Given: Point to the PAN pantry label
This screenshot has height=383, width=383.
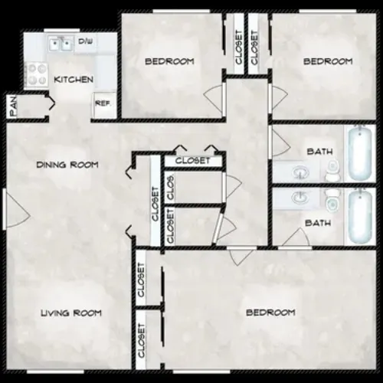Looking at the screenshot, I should click(x=13, y=105).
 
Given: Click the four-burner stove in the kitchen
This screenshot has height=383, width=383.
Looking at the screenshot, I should click(x=36, y=74).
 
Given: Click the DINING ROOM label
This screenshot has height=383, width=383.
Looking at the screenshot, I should click(x=67, y=165).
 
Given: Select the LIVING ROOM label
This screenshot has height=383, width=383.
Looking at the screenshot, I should click(x=71, y=312).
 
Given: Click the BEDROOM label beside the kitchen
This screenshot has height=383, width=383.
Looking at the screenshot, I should click(x=170, y=61).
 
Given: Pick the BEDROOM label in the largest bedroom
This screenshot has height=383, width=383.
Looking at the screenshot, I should click(x=270, y=313).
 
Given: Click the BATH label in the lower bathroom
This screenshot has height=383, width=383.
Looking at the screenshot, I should click(x=318, y=223).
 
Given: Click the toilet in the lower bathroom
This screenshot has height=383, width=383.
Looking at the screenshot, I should click(x=332, y=202).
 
